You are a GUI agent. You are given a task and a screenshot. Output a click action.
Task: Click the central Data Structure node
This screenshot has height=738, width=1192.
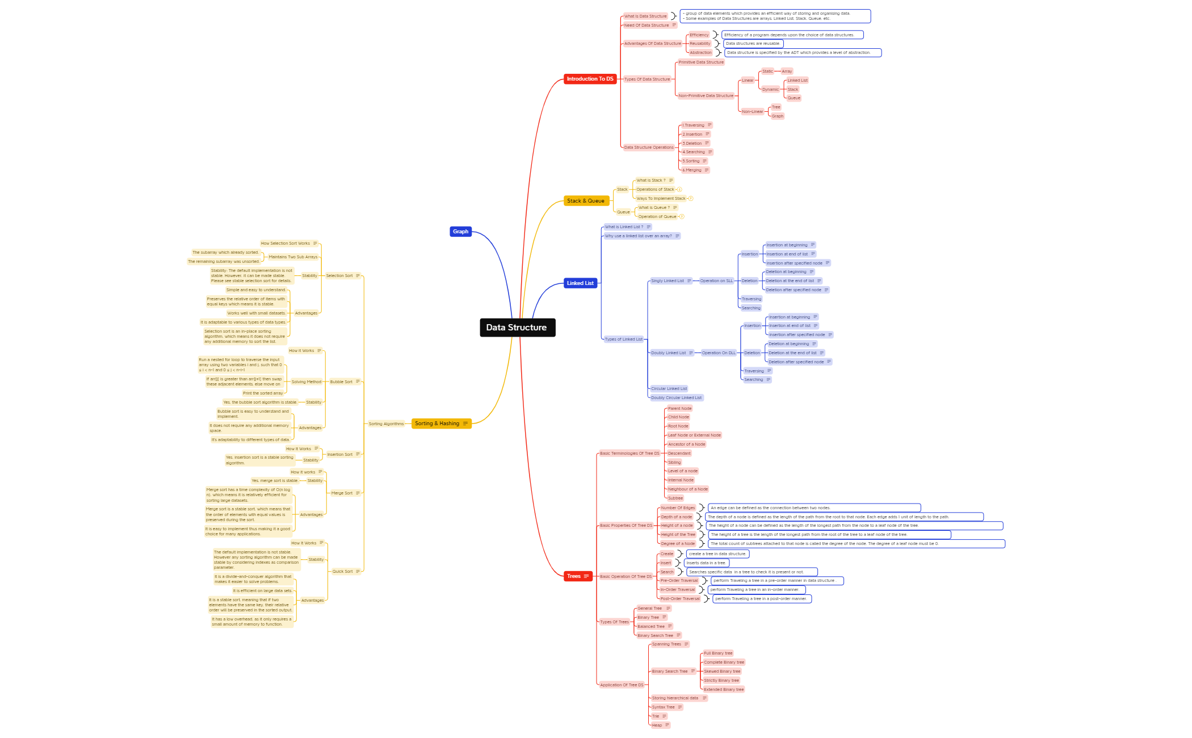pos(517,328)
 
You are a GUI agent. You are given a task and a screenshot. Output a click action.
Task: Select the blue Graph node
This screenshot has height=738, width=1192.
pos(460,232)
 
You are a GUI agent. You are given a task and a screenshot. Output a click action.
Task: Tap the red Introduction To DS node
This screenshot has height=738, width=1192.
pos(590,79)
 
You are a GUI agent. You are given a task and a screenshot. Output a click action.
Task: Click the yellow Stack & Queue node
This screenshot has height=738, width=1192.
pos(586,201)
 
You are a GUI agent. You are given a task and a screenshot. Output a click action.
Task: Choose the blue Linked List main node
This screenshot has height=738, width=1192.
pos(580,283)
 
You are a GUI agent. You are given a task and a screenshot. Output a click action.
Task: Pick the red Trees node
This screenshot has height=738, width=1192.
pos(574,576)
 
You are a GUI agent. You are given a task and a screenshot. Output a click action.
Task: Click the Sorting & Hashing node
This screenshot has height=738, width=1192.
pos(437,423)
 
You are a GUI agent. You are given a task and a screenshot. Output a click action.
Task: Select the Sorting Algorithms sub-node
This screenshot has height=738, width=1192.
pos(386,424)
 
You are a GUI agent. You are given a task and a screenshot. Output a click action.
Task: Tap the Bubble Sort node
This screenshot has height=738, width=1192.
pos(341,382)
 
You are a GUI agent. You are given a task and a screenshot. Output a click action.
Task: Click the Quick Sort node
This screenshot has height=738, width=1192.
pos(342,572)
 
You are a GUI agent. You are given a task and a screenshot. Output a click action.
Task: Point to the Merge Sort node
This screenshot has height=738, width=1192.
pos(342,493)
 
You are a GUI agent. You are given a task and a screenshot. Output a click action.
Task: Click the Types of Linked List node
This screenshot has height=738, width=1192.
pos(623,339)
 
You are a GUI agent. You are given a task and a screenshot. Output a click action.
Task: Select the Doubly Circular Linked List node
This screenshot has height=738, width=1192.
pos(676,398)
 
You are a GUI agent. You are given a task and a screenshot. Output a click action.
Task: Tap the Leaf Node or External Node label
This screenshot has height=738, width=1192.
pos(694,435)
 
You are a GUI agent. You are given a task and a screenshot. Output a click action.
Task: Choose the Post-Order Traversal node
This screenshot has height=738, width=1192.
pos(680,599)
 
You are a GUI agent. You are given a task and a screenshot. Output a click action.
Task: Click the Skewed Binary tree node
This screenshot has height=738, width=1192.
pos(721,672)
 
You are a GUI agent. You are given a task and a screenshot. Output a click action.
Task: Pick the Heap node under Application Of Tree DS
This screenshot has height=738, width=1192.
pos(657,726)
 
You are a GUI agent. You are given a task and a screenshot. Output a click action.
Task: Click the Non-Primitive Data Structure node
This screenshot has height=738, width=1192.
pos(706,96)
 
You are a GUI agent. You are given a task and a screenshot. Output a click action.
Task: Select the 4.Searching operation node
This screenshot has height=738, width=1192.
pos(693,152)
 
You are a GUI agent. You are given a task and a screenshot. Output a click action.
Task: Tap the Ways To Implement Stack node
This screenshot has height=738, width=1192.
pos(661,199)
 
